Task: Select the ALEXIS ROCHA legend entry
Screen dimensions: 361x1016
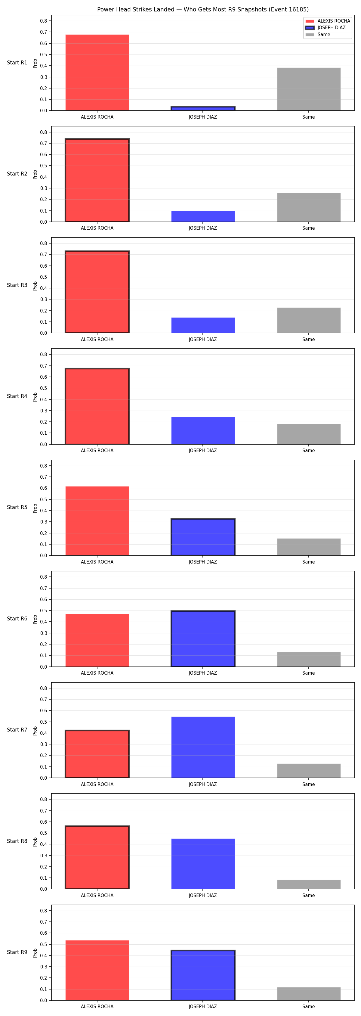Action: [x=328, y=21]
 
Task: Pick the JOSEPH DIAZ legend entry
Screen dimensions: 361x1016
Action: [x=326, y=28]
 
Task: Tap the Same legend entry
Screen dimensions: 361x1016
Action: [x=318, y=35]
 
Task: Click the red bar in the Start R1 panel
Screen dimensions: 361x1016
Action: [x=97, y=73]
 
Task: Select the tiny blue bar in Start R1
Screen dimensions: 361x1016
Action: [x=203, y=108]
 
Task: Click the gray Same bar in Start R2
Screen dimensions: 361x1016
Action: [x=309, y=207]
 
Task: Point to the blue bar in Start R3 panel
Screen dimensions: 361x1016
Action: [x=203, y=325]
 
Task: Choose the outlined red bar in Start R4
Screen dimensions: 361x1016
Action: [x=97, y=406]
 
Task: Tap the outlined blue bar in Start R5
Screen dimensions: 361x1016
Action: [x=203, y=537]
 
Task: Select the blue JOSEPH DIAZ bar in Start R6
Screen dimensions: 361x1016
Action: [x=203, y=638]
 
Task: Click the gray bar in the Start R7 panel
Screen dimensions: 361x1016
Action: [x=309, y=771]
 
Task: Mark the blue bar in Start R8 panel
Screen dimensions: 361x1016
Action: [x=203, y=864]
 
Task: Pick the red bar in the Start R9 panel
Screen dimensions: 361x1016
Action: [x=97, y=970]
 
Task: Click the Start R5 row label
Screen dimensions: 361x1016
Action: [x=17, y=508]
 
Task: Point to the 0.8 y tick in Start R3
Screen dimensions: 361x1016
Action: [x=43, y=243]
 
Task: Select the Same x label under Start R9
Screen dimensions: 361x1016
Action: [x=309, y=1007]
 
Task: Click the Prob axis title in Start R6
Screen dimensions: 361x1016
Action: [x=35, y=619]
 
